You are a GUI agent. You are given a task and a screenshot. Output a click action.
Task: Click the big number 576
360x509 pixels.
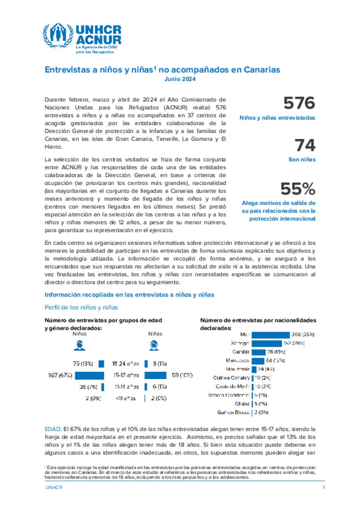(x=299, y=103)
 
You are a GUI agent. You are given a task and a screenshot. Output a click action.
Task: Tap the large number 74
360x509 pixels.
(x=305, y=145)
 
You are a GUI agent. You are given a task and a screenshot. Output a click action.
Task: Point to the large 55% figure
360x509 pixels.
(x=298, y=189)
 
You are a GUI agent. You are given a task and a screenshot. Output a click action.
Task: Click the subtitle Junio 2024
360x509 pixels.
(x=180, y=79)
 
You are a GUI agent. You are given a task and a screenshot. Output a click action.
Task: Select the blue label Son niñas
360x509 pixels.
(x=302, y=159)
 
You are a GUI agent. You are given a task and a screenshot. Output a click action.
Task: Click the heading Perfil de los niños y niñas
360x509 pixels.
(x=81, y=307)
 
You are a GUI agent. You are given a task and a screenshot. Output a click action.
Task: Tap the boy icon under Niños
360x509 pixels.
(x=79, y=345)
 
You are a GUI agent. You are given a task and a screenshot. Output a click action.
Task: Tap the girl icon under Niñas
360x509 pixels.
(x=154, y=345)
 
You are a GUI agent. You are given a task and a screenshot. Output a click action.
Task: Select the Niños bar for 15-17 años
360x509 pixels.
(x=89, y=376)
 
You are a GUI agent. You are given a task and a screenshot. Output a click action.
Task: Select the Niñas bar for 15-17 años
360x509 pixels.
(x=155, y=376)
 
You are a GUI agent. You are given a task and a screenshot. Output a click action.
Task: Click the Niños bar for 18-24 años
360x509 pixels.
(x=101, y=364)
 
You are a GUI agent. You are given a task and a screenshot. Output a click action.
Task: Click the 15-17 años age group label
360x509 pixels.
(x=126, y=376)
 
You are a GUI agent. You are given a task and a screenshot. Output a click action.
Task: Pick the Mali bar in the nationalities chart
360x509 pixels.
(x=270, y=335)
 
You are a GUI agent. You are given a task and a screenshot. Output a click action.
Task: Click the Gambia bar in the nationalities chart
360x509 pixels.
(x=258, y=352)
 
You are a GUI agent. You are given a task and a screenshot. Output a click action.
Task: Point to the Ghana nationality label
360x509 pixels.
(x=242, y=404)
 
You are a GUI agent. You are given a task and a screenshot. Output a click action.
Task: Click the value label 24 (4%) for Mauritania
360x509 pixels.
(x=266, y=369)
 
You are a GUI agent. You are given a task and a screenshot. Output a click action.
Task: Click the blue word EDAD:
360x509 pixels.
(x=53, y=429)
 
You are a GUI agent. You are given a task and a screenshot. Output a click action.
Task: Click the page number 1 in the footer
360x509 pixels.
(x=324, y=487)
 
